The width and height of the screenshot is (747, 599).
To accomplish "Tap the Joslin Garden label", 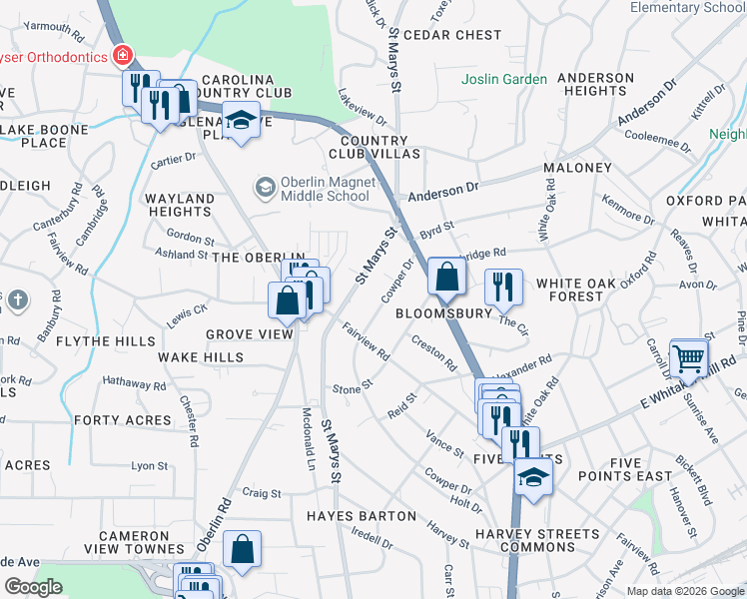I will coord(504,80).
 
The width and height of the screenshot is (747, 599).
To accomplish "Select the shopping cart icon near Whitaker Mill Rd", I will coord(688,357).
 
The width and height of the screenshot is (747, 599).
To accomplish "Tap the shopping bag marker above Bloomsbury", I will coord(446,276).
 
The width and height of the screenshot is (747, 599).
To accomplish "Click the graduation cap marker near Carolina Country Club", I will coord(240,121).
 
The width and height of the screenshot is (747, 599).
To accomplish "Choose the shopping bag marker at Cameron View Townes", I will coord(242,547).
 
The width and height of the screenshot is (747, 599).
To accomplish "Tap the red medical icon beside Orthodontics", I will coord(123,56).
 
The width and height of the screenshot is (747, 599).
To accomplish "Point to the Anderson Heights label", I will coord(596,84).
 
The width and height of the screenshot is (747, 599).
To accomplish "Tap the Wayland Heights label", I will coord(180,205).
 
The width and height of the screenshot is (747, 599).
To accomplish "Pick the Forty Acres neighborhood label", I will coord(123,420).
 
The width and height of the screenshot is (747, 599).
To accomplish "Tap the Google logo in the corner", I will coord(33,587).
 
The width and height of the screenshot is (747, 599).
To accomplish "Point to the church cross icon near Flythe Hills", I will coord(17,300).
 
